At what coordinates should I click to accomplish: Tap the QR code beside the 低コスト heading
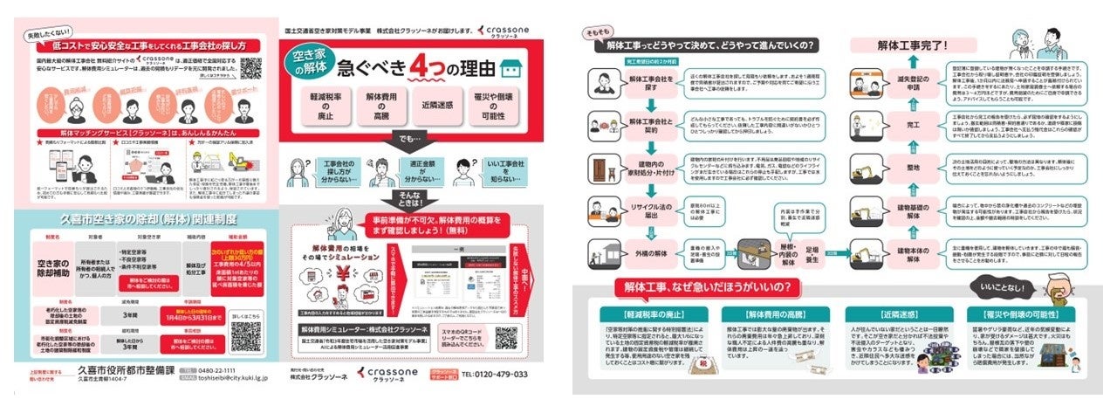coord(251,66)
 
